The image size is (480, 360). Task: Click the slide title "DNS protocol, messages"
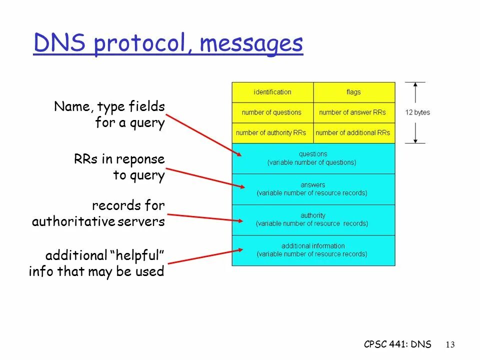pos(168,44)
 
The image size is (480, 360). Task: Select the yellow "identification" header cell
pos(272,92)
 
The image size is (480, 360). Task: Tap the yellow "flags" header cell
pos(353,92)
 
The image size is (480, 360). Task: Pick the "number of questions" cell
pos(272,112)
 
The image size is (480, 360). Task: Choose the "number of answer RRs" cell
pos(353,112)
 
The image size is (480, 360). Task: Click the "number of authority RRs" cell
pos(272,133)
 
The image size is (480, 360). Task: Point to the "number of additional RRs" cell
pos(353,133)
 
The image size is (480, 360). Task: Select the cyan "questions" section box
pos(313,158)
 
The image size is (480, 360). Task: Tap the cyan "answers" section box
pos(313,189)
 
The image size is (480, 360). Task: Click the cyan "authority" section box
pos(313,219)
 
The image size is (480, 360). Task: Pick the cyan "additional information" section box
pos(313,250)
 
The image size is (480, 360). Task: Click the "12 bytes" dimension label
pos(417,112)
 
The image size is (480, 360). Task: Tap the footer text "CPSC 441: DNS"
pos(397,344)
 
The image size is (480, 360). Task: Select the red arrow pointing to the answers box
pos(205,177)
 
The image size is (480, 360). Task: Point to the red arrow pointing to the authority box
pos(205,217)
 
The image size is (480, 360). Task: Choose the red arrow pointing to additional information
pos(205,255)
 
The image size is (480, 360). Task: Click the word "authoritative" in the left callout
pos(73,221)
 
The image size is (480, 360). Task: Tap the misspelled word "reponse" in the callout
pos(140,159)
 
